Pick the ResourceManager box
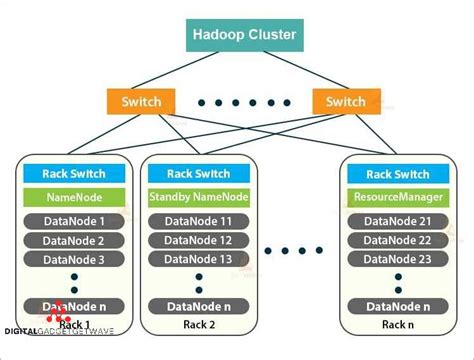pos(398,197)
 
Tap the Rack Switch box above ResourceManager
pos(398,173)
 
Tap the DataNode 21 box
pos(398,221)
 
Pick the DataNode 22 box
pos(398,241)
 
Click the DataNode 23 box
pos(398,260)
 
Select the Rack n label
pos(398,326)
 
